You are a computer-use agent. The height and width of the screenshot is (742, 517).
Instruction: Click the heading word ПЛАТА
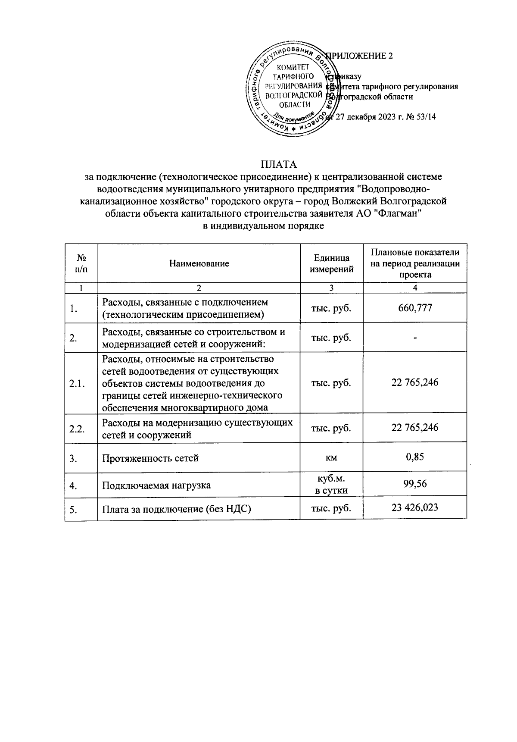279,165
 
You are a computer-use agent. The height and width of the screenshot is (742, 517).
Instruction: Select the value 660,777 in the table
415,308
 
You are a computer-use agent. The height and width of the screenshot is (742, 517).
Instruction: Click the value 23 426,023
415,507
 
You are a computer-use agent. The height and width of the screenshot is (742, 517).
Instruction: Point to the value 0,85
415,456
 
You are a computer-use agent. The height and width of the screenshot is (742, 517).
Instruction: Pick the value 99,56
415,484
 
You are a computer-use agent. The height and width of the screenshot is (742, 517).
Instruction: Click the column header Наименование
199,263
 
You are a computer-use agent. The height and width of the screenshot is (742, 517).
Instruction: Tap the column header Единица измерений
331,263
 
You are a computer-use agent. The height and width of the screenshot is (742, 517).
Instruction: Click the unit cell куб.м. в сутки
331,485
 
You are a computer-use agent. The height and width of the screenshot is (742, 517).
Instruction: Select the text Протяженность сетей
150,458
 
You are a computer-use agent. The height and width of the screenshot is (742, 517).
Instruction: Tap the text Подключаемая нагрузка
156,485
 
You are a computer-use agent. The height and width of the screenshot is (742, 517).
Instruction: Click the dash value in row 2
415,338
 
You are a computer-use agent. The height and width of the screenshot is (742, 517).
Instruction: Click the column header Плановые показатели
415,252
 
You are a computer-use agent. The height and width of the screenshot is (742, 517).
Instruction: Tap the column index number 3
331,288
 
